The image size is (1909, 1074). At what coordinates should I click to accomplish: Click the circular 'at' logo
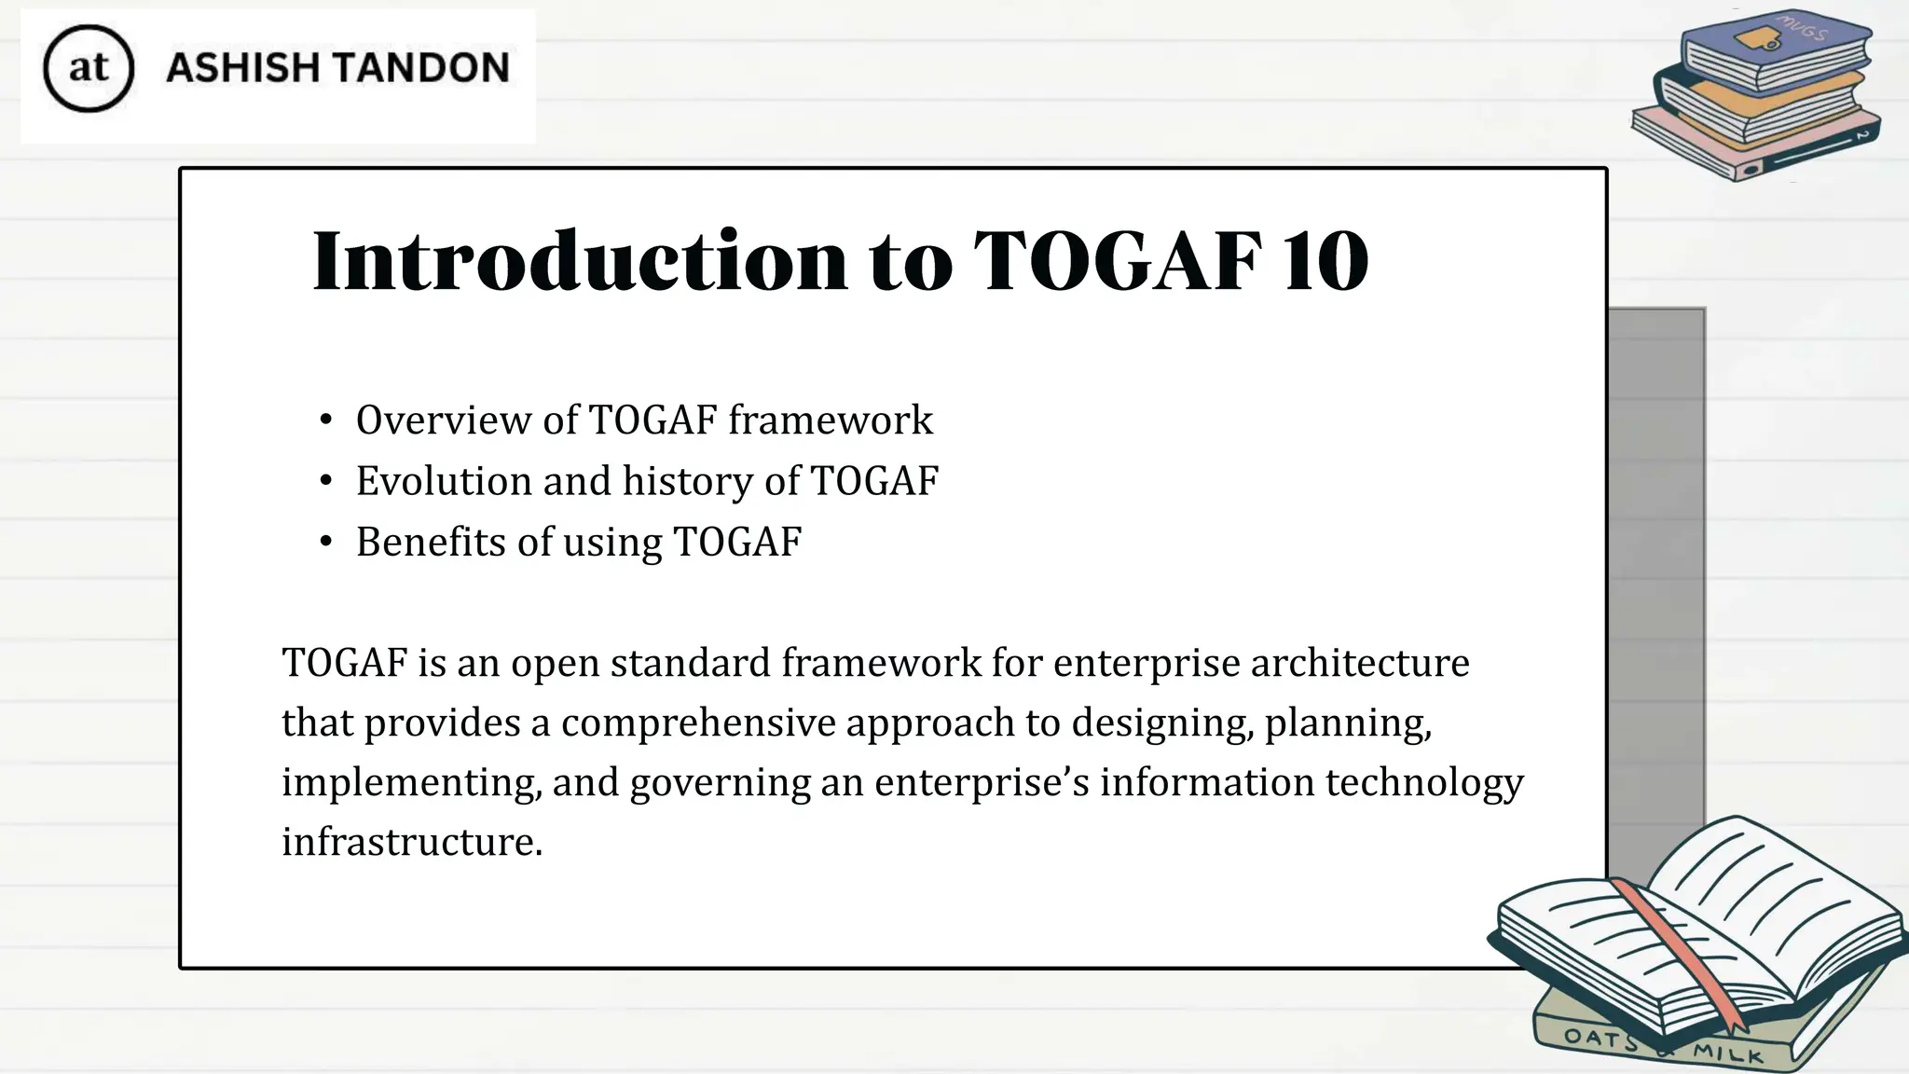click(89, 69)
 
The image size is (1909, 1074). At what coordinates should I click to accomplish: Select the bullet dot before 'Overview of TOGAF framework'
click(325, 420)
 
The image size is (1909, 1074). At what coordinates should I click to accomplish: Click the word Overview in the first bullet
click(444, 420)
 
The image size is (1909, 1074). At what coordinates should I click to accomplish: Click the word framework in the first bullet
click(831, 420)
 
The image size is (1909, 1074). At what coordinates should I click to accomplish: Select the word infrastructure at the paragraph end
click(412, 842)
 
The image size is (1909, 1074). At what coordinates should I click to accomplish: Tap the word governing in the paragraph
click(720, 783)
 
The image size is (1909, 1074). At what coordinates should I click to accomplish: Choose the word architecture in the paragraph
click(1360, 663)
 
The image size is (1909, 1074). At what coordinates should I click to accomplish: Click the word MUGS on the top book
click(1802, 29)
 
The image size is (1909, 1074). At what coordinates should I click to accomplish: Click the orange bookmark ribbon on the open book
click(1678, 951)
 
